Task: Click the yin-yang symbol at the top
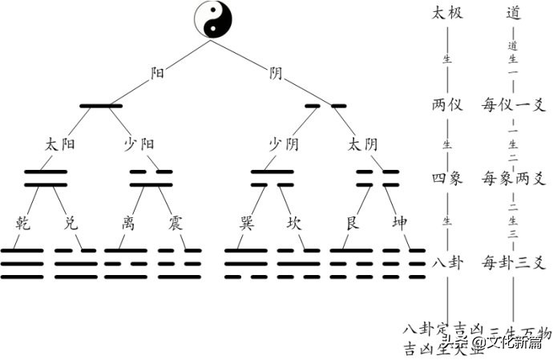pos(214,21)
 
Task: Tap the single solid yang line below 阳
pos(101,105)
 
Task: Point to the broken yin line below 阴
pos(325,105)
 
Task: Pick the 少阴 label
pos(284,144)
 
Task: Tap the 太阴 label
pos(362,144)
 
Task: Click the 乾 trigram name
pos(24,222)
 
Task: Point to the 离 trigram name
pos(129,222)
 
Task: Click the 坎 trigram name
pos(294,222)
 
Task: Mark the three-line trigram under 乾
pos(22,264)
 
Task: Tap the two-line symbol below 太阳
pos(46,178)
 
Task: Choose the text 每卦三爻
pos(514,261)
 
